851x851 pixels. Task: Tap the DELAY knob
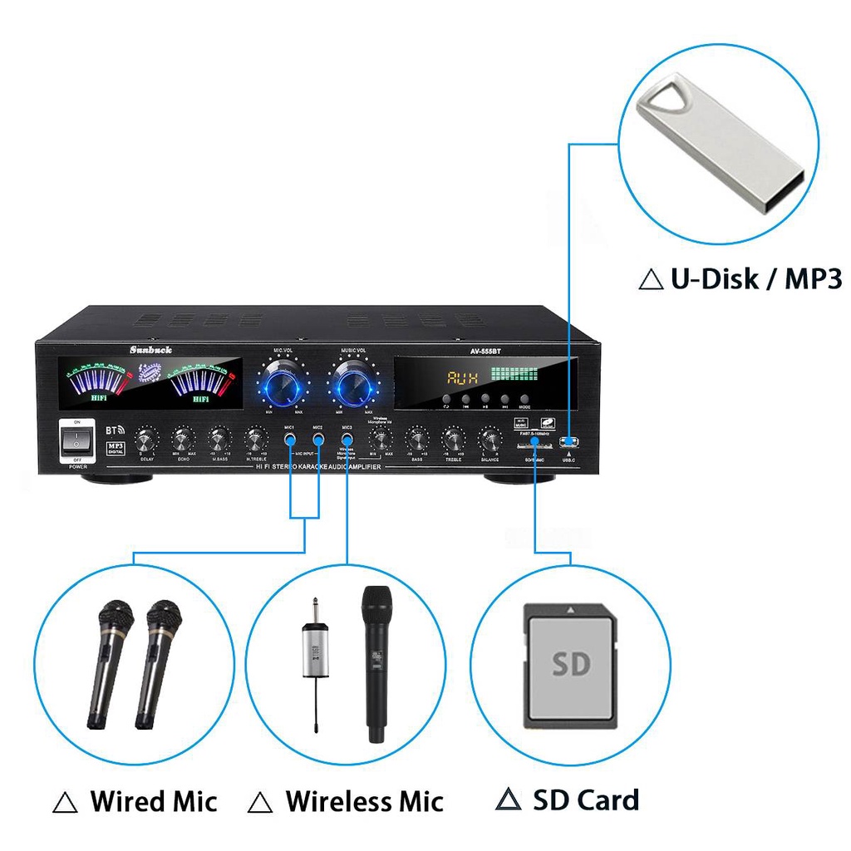pyautogui.click(x=146, y=439)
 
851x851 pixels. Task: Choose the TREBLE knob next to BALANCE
pyautogui.click(x=454, y=438)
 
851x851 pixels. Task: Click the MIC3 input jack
pyautogui.click(x=347, y=438)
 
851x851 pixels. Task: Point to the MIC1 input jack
pyautogui.click(x=290, y=438)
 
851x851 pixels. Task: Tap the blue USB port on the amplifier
pyautogui.click(x=568, y=440)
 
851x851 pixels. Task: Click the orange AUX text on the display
pyautogui.click(x=464, y=379)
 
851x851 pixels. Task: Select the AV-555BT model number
pyautogui.click(x=485, y=351)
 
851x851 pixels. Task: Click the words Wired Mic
pyautogui.click(x=153, y=802)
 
